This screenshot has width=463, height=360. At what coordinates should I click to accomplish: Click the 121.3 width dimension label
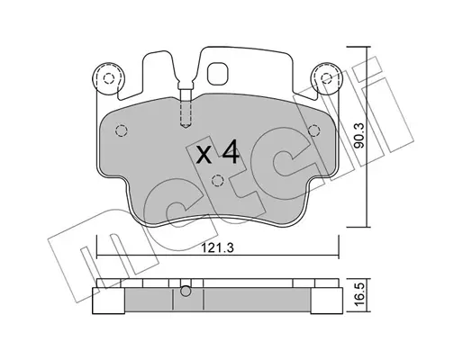pos(217,248)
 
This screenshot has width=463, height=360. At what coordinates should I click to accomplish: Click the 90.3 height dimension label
pos(359,135)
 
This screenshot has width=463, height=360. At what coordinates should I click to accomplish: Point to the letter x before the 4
pos(204,156)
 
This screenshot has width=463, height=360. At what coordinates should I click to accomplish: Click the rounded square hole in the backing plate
pos(218,74)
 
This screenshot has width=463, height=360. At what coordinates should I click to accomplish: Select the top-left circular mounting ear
pos(108,78)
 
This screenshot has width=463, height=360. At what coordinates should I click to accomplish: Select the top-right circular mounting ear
pos(326,78)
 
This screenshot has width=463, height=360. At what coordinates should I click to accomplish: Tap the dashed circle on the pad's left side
pos(122,130)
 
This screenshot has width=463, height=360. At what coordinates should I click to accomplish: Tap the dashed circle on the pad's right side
pos(313,130)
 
